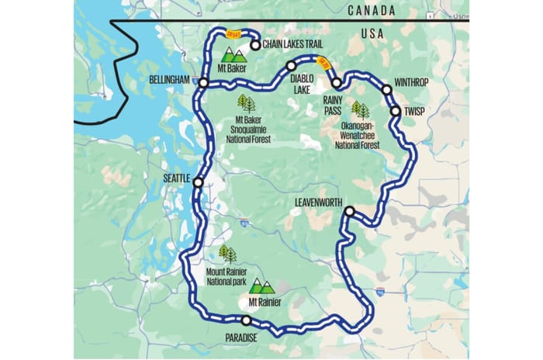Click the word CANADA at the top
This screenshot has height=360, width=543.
[x=372, y=10]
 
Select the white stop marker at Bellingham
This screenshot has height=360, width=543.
[x=202, y=82]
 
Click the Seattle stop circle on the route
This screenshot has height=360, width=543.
[x=198, y=183]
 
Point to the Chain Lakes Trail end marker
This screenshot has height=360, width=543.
[x=254, y=44]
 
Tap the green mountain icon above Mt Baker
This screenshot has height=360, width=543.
[x=233, y=54]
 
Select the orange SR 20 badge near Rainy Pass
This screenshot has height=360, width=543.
[x=325, y=64]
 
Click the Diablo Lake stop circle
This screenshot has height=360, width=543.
[x=291, y=67]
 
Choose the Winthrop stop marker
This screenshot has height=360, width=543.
[x=386, y=90]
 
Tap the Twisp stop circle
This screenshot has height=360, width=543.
[x=396, y=111]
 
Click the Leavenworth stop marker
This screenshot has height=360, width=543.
[x=349, y=211]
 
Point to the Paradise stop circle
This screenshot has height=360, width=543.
[x=246, y=320]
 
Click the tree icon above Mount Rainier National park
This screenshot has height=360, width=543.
[x=227, y=253]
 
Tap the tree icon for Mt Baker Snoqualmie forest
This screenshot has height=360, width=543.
[x=246, y=103]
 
